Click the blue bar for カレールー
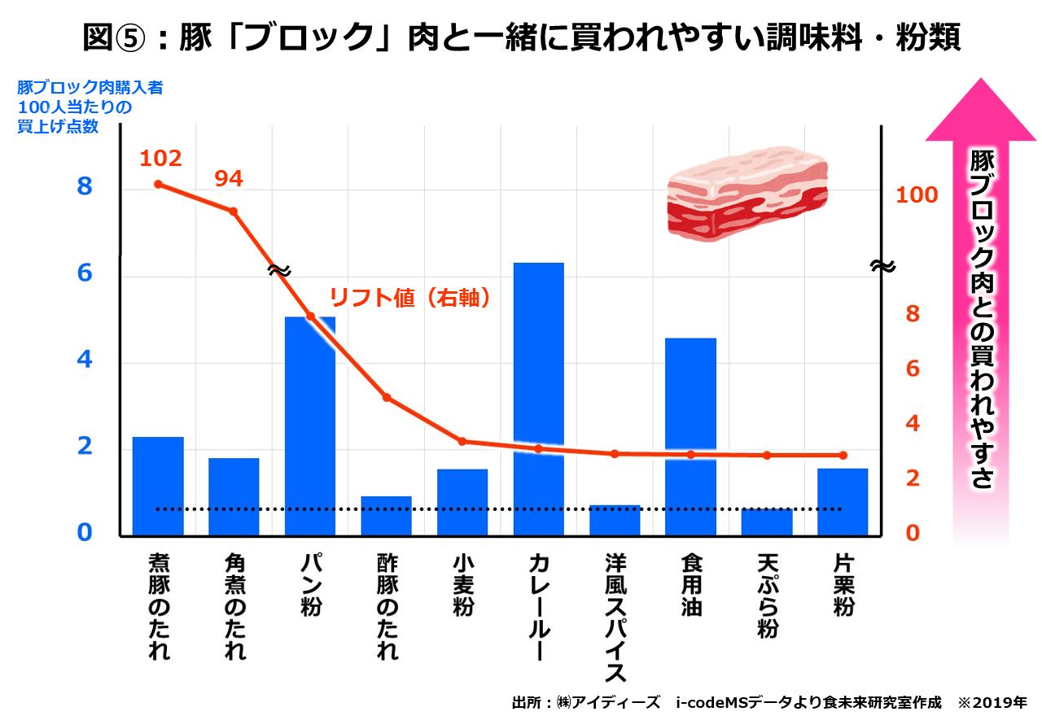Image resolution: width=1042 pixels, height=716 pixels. (538, 399)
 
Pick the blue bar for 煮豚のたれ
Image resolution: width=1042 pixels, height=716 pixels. (158, 486)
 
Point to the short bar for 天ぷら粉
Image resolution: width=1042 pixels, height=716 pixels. (766, 522)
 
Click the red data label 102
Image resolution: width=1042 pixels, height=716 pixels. (160, 158)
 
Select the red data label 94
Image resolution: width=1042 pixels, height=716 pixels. (229, 179)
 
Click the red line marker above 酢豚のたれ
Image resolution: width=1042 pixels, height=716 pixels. (387, 397)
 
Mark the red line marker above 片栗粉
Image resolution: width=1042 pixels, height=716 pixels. (843, 455)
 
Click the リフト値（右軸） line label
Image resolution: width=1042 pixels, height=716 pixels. (410, 299)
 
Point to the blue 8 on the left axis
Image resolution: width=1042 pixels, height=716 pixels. (85, 187)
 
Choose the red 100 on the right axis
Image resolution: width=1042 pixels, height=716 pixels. (917, 195)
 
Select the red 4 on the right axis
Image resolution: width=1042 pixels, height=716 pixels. (913, 423)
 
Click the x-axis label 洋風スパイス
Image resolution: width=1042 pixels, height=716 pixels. (615, 618)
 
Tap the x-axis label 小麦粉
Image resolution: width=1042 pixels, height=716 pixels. (462, 586)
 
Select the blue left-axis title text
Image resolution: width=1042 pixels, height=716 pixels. (90, 107)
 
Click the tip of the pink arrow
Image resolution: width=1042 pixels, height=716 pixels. (980, 81)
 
